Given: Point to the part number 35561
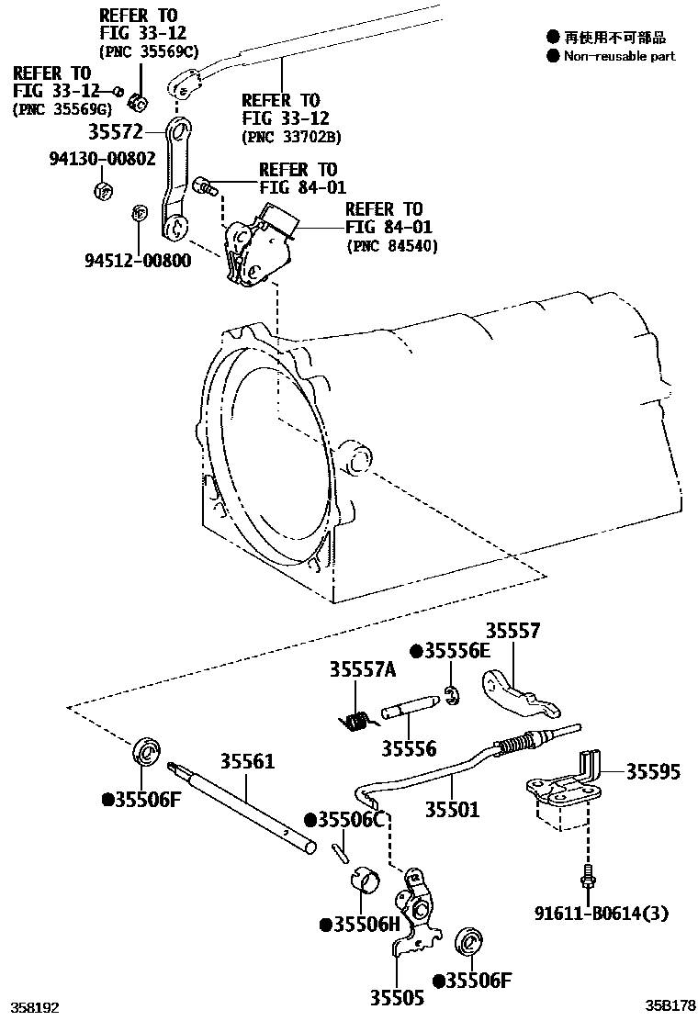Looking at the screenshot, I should (x=246, y=762).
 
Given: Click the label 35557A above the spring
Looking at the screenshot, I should (x=362, y=670).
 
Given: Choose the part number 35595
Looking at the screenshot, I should (x=653, y=772).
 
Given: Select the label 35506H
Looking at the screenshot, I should (x=362, y=925).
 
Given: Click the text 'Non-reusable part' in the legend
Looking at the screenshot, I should (x=619, y=56).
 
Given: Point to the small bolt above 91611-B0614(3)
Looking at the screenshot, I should (x=585, y=878).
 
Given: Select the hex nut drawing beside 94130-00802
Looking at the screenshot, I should (x=103, y=191).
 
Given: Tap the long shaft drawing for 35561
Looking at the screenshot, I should (x=243, y=807).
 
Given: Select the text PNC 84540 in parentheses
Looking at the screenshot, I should (x=392, y=246).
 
